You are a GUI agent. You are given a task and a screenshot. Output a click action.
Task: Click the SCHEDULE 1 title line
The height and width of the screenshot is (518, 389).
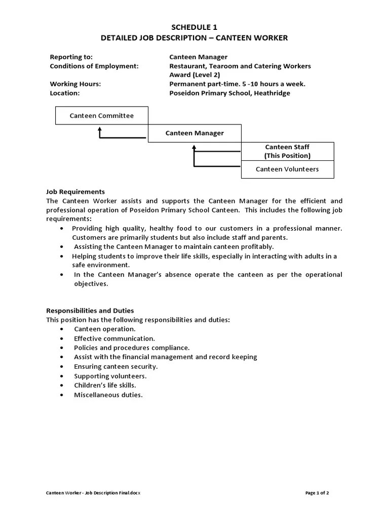click(194, 27)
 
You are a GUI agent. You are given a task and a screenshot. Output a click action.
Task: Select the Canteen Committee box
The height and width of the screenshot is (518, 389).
click(102, 116)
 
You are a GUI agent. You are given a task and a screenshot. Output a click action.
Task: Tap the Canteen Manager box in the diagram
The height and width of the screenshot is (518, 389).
click(194, 133)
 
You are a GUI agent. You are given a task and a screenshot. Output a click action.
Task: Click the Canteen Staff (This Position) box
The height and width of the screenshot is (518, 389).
click(287, 151)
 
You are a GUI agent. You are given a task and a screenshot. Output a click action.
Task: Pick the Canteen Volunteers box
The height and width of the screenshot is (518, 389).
click(287, 169)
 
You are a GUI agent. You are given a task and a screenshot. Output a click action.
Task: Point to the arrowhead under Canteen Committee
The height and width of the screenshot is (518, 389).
click(100, 129)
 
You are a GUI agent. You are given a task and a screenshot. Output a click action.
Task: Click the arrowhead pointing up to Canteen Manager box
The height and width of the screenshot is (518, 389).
click(194, 147)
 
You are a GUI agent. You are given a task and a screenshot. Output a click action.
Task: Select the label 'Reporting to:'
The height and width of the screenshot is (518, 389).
click(71, 57)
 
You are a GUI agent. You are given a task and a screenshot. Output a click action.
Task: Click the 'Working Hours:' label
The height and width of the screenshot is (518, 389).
click(75, 84)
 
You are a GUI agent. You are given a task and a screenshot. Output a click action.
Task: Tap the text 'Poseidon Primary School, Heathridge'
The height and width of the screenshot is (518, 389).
click(230, 93)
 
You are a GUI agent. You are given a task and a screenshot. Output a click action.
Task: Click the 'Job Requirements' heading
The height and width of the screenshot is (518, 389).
click(75, 192)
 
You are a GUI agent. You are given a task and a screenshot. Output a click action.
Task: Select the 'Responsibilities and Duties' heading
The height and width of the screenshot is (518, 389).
click(90, 311)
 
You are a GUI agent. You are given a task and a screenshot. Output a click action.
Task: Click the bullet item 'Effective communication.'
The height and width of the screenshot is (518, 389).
click(114, 338)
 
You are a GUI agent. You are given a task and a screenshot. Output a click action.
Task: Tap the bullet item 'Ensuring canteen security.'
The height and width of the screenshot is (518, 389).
click(116, 366)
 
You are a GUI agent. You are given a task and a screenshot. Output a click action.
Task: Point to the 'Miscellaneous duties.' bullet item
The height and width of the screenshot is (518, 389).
click(108, 395)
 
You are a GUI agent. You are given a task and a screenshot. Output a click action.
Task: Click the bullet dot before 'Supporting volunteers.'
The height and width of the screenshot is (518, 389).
click(61, 376)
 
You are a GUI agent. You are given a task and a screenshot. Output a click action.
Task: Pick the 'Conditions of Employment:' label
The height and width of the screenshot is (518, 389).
click(94, 66)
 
